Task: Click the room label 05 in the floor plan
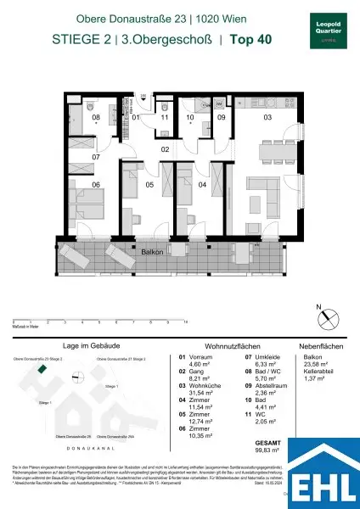pos(149,184)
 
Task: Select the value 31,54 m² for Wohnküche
pos(197,393)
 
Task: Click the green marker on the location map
pos(40,370)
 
